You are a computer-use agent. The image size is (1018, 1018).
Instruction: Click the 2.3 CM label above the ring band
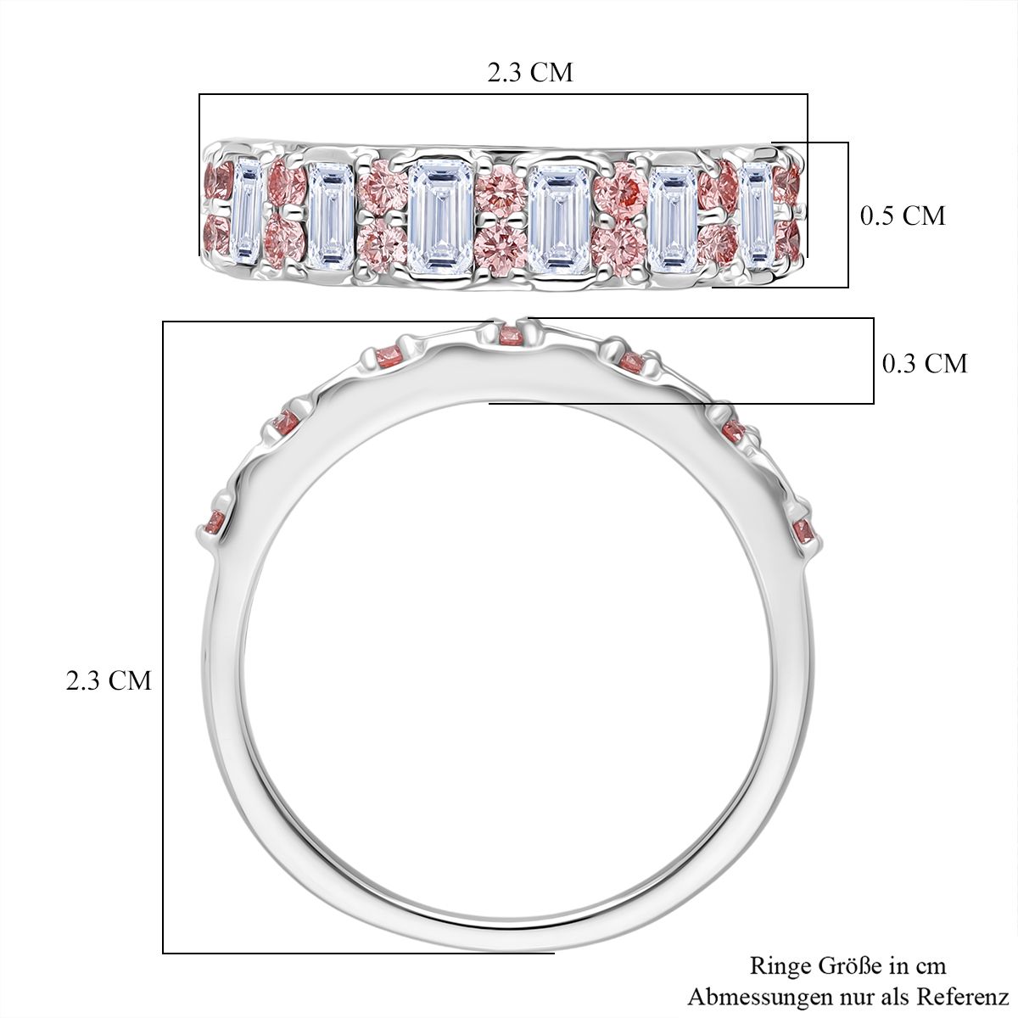pyautogui.click(x=530, y=72)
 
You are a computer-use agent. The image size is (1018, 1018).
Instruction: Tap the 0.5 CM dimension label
pyautogui.click(x=903, y=215)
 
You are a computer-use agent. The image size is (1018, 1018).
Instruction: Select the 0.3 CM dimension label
pyautogui.click(x=925, y=363)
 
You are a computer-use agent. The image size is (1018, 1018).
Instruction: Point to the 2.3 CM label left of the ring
pyautogui.click(x=109, y=680)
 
